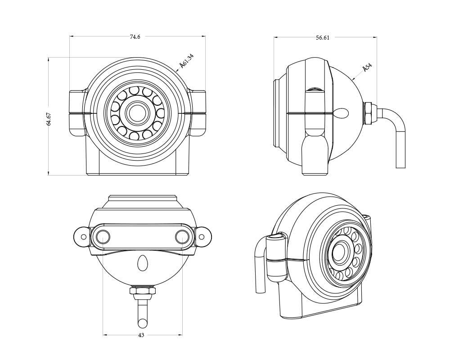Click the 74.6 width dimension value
click(x=135, y=37)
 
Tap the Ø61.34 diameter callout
click(x=186, y=61)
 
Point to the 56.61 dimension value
click(x=323, y=38)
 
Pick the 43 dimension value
click(x=141, y=335)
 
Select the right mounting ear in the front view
click(x=198, y=113)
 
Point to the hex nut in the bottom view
click(x=143, y=291)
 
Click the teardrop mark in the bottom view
click(x=143, y=263)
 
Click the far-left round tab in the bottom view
click(x=81, y=236)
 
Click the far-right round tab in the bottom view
click(x=203, y=236)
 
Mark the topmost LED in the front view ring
click(x=134, y=90)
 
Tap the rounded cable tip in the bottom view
click(x=143, y=323)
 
